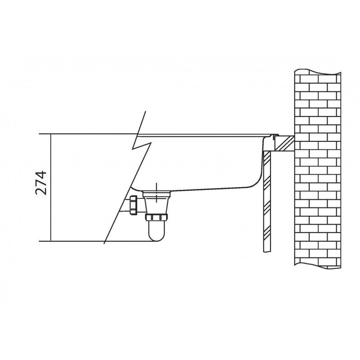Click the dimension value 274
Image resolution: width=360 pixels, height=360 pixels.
point(41,183)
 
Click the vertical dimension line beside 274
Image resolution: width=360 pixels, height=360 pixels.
point(50,187)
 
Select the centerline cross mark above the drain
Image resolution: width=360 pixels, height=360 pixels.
point(156,193)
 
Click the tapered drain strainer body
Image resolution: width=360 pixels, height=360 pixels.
point(156,202)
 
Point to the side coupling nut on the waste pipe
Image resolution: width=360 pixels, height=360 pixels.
point(133,205)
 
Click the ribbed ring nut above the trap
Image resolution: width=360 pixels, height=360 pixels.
point(156,217)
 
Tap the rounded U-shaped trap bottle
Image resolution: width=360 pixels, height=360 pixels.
point(156,230)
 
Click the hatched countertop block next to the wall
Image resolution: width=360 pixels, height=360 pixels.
point(284,143)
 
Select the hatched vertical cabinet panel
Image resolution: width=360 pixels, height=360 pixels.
point(267,201)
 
